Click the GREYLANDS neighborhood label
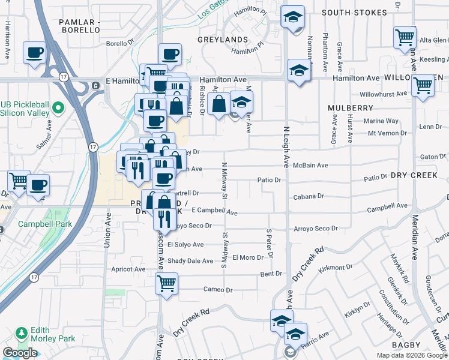[223, 40]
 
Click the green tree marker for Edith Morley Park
[22, 332]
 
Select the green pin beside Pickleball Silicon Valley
[58, 109]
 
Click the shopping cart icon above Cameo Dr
[166, 283]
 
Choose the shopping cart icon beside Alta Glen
[405, 37]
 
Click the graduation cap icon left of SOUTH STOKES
[294, 16]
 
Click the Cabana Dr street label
[309, 196]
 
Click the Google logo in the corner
[20, 353]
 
